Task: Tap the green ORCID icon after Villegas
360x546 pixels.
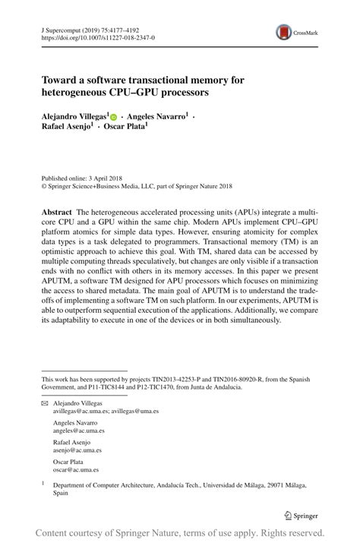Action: [115, 118]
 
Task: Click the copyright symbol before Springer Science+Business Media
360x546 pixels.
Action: [44, 185]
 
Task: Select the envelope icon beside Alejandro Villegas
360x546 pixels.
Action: [43, 403]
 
